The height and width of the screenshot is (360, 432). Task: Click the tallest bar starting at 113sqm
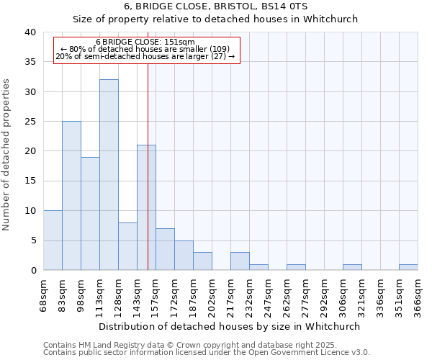(x=109, y=174)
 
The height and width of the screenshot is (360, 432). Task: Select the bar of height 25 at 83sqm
(x=71, y=195)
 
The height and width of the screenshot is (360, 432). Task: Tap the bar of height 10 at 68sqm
(x=53, y=240)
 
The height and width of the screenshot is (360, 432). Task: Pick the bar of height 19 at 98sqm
(x=90, y=213)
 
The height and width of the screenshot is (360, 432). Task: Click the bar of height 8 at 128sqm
(x=127, y=246)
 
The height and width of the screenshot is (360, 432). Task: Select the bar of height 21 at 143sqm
(x=146, y=207)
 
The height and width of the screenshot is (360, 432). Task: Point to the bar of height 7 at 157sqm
(x=165, y=249)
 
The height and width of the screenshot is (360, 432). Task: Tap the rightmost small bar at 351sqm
(x=408, y=267)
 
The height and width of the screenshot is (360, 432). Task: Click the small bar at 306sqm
(x=352, y=267)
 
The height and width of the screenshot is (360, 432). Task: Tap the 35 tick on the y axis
(x=31, y=62)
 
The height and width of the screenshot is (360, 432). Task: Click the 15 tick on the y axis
(x=31, y=181)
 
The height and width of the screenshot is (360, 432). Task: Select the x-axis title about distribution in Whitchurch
(x=230, y=326)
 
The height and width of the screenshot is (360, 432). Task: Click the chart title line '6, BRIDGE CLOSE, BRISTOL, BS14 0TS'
(x=215, y=6)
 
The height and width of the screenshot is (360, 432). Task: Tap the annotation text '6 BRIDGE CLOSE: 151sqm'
(x=145, y=42)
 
